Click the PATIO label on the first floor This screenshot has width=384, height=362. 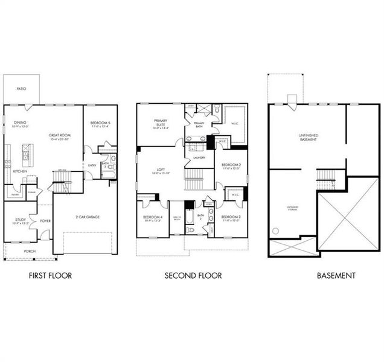click(21, 88)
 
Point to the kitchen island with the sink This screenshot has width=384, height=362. click(27, 156)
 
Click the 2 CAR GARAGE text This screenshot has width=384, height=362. click(88, 217)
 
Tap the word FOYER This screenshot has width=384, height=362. click(45, 221)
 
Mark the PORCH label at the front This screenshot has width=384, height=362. click(30, 251)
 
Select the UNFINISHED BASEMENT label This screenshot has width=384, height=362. click(308, 137)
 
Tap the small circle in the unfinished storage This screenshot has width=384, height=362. click(276, 230)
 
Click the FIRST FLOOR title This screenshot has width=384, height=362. click(51, 276)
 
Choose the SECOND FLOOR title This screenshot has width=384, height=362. click(193, 276)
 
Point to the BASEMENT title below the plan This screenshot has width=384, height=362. click(336, 276)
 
